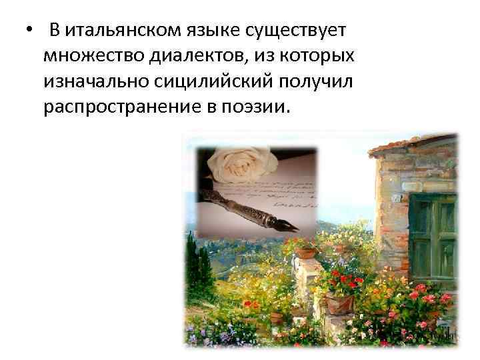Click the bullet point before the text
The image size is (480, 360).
point(29,31)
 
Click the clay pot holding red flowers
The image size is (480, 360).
point(339,303)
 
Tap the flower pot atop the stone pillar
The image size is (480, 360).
point(306,251)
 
